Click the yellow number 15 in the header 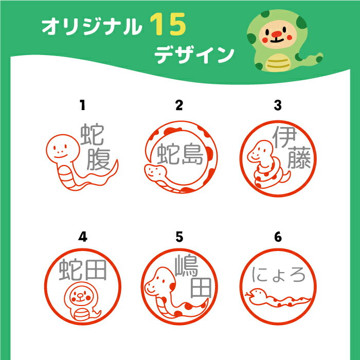(x=168, y=24)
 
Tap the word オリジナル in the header (x=91, y=27)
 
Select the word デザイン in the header (x=194, y=55)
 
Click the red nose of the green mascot (x=277, y=34)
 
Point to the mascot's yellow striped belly (x=278, y=63)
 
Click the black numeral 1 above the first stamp (x=83, y=105)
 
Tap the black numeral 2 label (x=179, y=105)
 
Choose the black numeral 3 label (x=278, y=105)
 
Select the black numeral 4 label (x=83, y=237)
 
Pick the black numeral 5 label (x=179, y=237)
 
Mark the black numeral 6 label (x=278, y=237)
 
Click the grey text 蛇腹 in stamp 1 (x=95, y=147)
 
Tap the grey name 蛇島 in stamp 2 (x=180, y=154)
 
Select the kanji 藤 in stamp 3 (x=299, y=158)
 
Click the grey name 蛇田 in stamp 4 (x=83, y=270)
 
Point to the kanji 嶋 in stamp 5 (x=186, y=266)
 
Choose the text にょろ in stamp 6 (x=279, y=275)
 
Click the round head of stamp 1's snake (x=63, y=149)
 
